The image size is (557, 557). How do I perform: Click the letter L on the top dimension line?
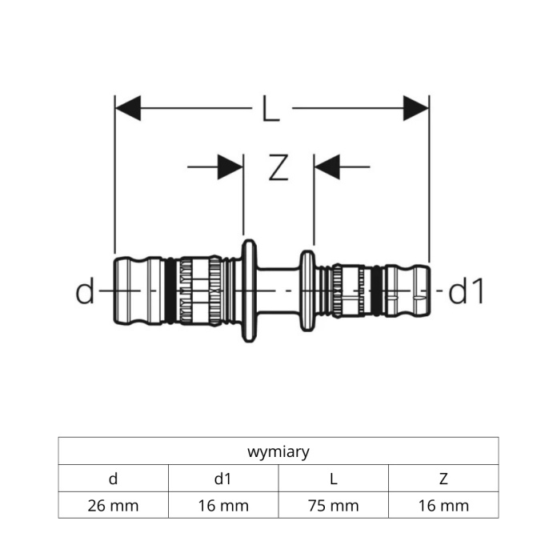pos(270,108)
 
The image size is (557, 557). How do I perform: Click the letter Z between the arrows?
pos(278,167)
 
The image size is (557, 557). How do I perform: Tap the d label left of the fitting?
pos(86,291)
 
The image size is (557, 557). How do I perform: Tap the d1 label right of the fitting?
pos(466,291)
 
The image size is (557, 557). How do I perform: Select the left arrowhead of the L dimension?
pos(128,108)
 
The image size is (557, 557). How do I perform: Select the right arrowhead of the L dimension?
pos(416,108)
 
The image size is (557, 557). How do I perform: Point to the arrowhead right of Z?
pos(327,166)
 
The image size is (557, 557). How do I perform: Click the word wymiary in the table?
pos(278,452)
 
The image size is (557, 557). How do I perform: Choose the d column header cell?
pos(114,479)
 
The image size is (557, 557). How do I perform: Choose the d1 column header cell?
pos(223,479)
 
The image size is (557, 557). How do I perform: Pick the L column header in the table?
pos(334,479)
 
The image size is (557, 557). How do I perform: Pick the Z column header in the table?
pos(443,479)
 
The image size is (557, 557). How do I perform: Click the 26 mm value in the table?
pos(114,506)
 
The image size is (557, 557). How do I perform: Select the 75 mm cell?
pos(334,505)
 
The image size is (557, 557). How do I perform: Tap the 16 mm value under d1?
pos(223,506)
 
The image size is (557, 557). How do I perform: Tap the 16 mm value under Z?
pos(443,506)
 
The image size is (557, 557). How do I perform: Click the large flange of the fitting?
pos(249,291)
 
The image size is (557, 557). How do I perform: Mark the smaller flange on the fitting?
pos(307,291)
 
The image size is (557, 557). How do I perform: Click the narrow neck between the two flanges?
pos(278,291)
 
